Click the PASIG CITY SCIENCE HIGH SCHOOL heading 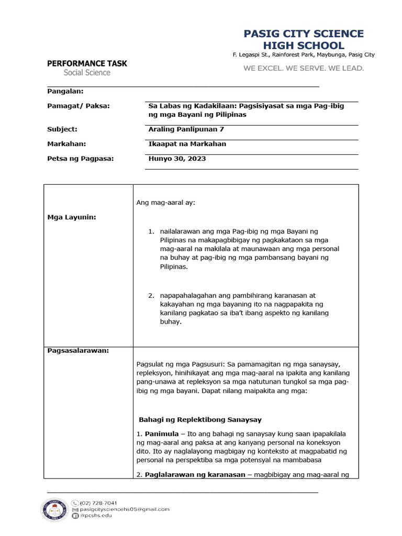pos(304,40)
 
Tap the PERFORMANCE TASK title pos(87,63)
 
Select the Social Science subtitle pos(87,73)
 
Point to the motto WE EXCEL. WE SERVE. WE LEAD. pos(304,68)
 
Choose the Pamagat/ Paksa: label pos(79,106)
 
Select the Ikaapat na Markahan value pos(187,143)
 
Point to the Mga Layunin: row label pos(72,217)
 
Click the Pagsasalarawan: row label pos(78,350)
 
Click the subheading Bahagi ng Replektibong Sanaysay pos(200,420)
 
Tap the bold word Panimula pos(162,434)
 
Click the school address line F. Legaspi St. pos(304,55)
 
